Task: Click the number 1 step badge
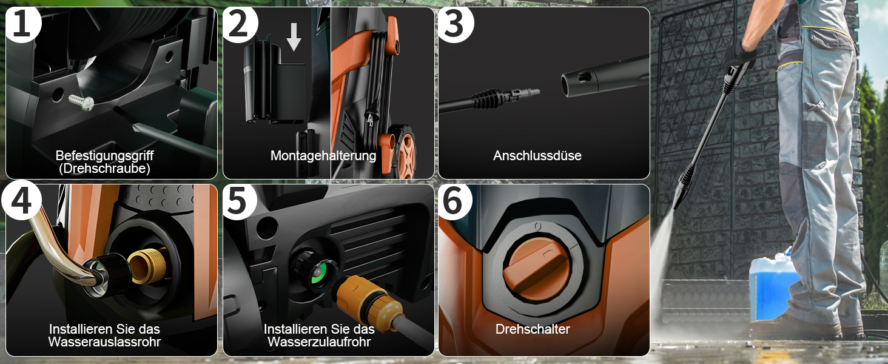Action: [x=22, y=24]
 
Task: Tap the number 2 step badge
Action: [x=239, y=24]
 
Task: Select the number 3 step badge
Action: [x=455, y=24]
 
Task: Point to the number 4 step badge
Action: [x=22, y=201]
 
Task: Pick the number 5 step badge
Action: [x=239, y=201]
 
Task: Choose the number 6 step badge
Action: [x=455, y=201]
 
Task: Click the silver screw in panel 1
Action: [x=81, y=102]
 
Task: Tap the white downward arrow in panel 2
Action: [x=294, y=37]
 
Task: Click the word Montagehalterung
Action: [x=323, y=155]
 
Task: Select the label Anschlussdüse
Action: [x=537, y=155]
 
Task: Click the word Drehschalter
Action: [x=533, y=329]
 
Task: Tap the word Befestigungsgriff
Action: [x=105, y=155]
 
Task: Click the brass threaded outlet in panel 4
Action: [x=148, y=265]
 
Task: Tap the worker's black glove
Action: [x=740, y=56]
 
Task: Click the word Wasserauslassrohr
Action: [x=105, y=342]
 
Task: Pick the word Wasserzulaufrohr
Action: [x=319, y=342]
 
